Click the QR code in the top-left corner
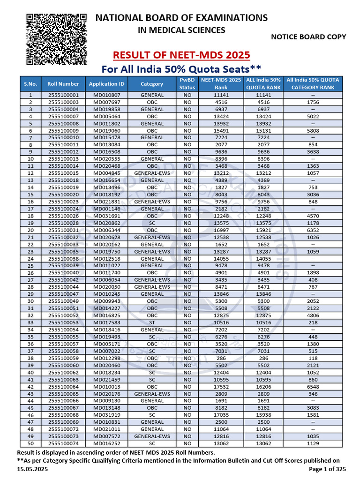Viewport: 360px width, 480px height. click(x=56, y=39)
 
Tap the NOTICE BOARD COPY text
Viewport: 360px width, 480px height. click(x=308, y=37)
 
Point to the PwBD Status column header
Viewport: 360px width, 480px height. click(x=187, y=83)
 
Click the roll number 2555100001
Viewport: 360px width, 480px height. click(x=63, y=95)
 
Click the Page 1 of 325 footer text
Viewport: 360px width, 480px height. click(x=328, y=469)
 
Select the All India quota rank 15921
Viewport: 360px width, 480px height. click(x=263, y=230)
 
